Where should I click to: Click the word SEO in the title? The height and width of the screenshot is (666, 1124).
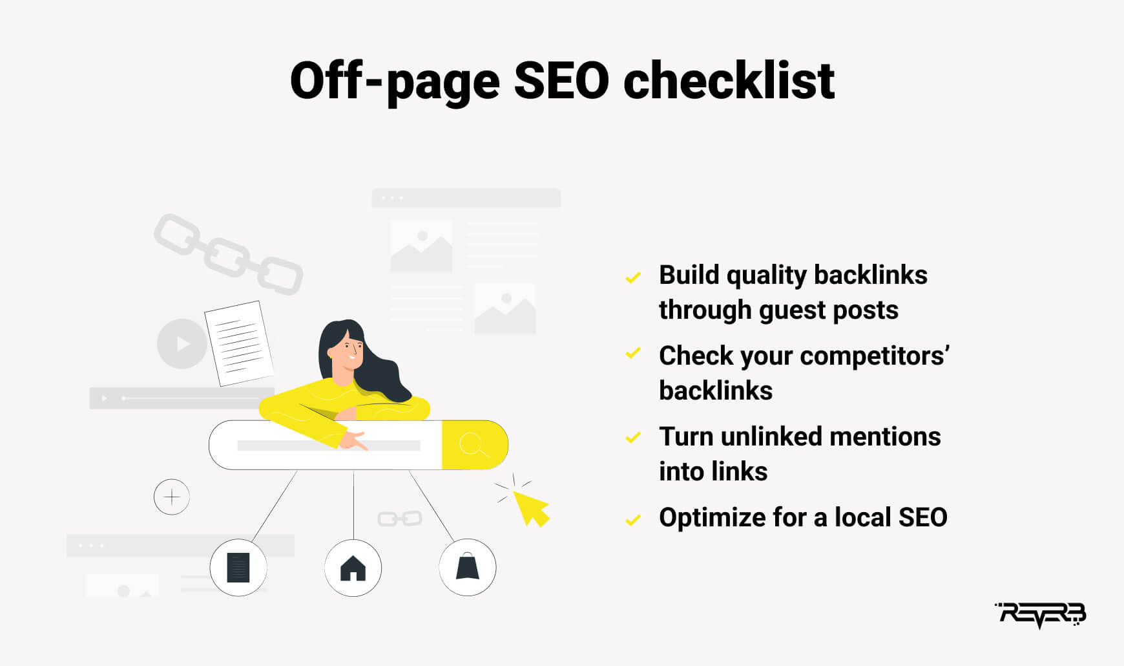pyautogui.click(x=561, y=81)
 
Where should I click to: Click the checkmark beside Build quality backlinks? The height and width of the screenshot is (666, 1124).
pyautogui.click(x=633, y=277)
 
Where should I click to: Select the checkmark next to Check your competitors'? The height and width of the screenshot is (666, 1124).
pyautogui.click(x=633, y=353)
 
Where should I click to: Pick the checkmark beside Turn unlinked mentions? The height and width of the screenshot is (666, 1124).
pyautogui.click(x=633, y=438)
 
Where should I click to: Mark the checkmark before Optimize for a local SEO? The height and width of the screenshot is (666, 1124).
pyautogui.click(x=633, y=519)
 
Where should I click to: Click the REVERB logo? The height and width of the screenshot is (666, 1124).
pyautogui.click(x=1041, y=615)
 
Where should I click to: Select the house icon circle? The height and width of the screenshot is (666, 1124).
pyautogui.click(x=353, y=568)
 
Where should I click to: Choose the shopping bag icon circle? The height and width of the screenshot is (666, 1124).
pyautogui.click(x=468, y=567)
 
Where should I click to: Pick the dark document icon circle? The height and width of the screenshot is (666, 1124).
pyautogui.click(x=238, y=568)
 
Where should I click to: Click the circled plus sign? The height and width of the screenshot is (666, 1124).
pyautogui.click(x=172, y=497)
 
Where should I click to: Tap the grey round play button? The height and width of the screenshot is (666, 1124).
pyautogui.click(x=182, y=343)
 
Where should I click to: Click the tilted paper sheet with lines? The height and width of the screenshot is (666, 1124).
pyautogui.click(x=239, y=343)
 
